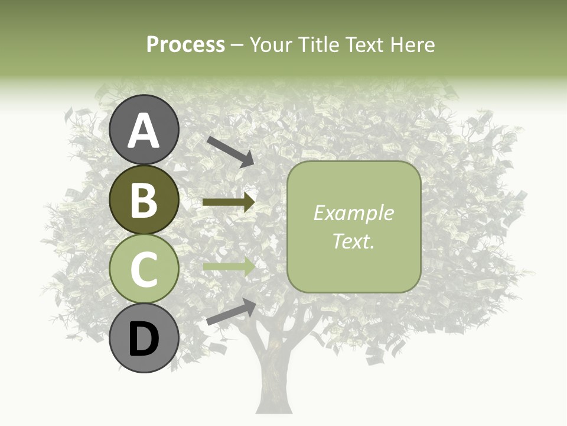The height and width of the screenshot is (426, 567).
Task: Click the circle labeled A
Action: point(144,130)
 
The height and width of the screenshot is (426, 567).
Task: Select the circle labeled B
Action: point(144,199)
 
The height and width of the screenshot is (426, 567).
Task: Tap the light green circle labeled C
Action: point(144,269)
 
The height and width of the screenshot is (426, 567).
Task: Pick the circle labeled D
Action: point(144,338)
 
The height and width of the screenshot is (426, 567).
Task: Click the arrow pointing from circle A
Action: point(230,150)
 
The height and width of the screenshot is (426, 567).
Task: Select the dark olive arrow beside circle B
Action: point(229,202)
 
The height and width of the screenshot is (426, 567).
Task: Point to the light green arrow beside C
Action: point(229,267)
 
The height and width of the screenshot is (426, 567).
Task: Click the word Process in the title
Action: point(185,44)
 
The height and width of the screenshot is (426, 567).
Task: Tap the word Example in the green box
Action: point(353,213)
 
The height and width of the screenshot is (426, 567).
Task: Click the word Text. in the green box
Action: point(353,241)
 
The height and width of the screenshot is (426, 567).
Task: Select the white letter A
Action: point(144,131)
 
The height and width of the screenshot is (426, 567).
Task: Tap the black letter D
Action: point(144,339)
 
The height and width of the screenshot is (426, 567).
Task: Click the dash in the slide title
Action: point(237,45)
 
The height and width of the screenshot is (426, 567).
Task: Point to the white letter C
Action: point(144,270)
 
